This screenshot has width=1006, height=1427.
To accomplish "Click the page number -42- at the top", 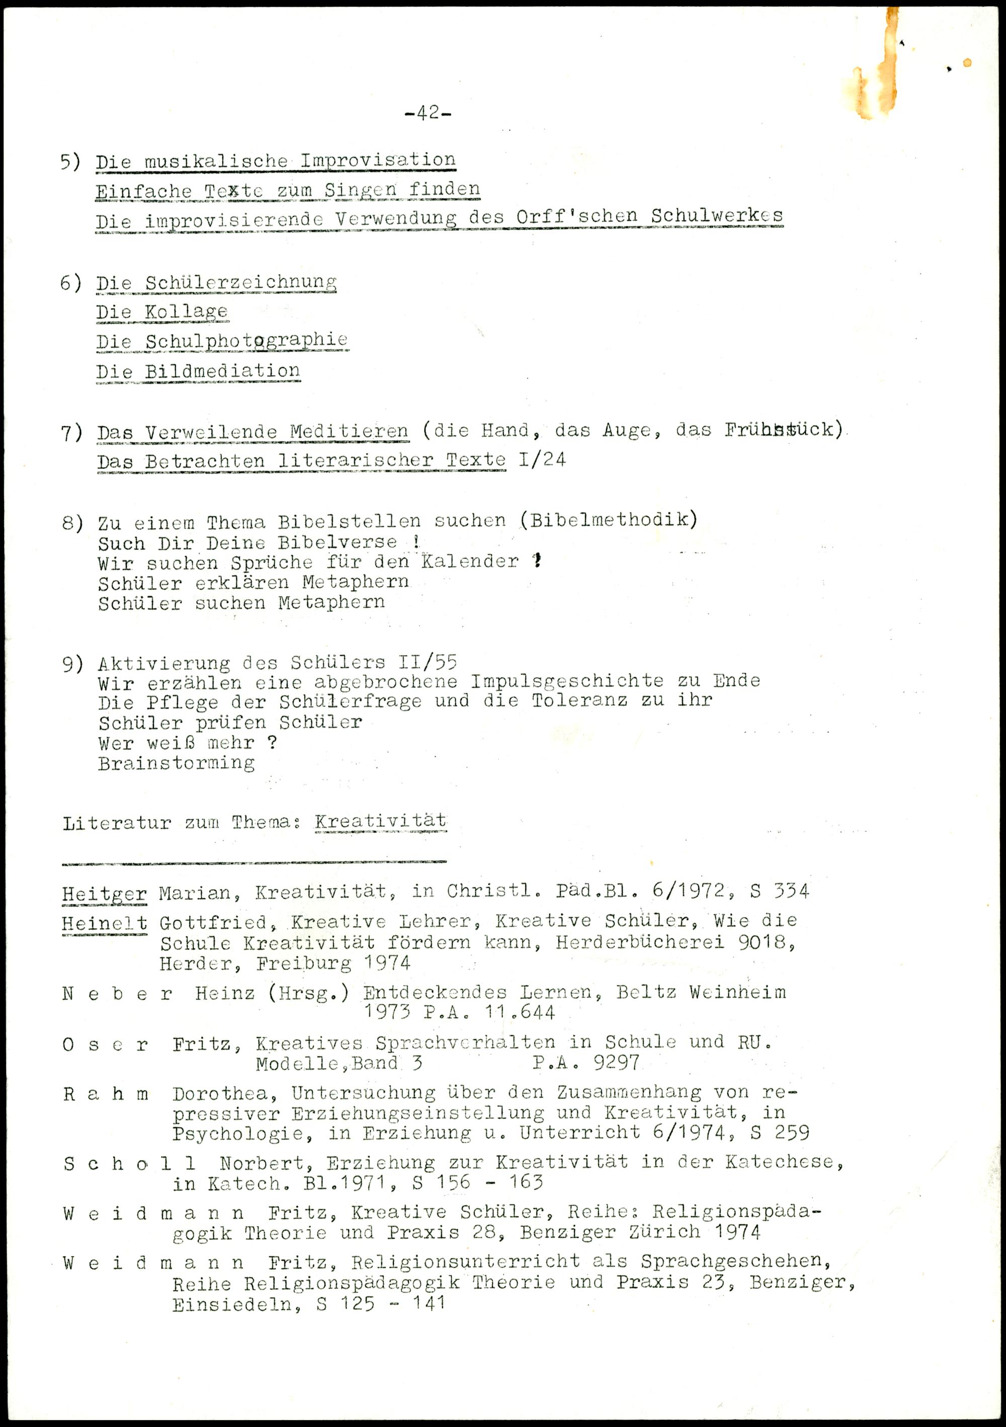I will pos(428,113).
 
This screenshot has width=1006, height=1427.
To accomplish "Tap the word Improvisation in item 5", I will pos(378,161).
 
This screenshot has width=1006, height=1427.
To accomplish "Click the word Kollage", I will pos(187,311).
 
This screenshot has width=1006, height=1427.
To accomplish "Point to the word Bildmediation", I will pos(222,371).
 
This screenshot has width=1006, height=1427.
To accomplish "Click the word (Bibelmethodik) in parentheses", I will pos(608,520).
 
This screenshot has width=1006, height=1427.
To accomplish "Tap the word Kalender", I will pos(470,562).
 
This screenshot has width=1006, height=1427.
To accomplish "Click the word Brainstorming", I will pos(177,763).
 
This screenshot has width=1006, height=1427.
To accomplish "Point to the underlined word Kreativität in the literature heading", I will pos(380,821).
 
